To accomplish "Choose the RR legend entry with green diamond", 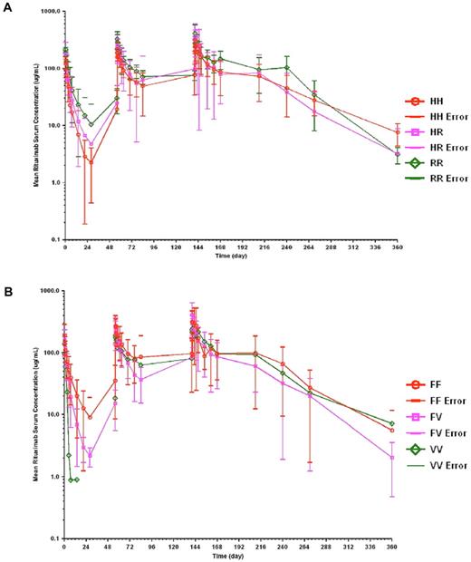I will click(x=425, y=162).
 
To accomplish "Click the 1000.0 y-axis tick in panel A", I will click(x=48, y=11).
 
